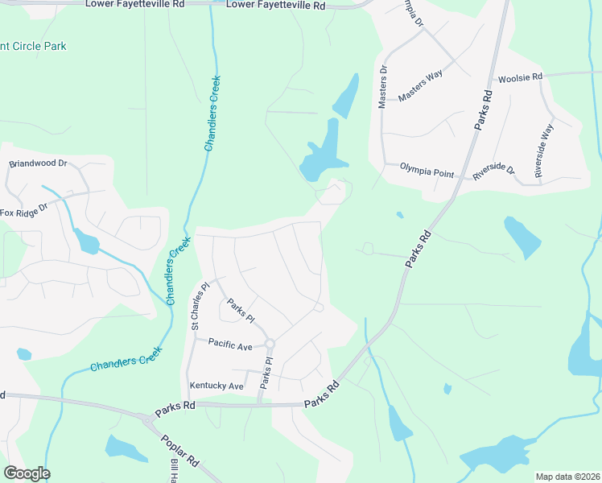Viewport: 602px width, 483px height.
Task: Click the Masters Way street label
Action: coord(420,85)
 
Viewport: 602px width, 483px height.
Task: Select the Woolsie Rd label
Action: coord(520,77)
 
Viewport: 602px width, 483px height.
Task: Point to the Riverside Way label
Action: coord(544,151)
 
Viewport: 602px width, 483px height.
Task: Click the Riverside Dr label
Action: coord(493,171)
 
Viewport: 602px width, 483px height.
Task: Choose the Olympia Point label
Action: coord(427,173)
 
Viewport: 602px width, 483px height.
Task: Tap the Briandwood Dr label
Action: coord(37,163)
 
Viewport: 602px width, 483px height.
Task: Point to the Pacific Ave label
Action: coord(230,345)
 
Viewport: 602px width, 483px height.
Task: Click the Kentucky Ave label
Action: coord(215,386)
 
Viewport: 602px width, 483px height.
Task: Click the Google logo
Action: coord(27,473)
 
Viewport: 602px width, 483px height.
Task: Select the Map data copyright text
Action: coord(567,477)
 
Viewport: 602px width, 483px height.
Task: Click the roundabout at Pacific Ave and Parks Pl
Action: coord(270,344)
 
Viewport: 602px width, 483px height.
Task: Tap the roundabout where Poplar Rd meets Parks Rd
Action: coord(146,419)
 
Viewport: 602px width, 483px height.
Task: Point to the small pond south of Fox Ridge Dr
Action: coord(86,242)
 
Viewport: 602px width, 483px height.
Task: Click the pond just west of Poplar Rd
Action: coord(126,448)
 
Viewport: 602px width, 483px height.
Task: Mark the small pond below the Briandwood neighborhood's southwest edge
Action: coord(23,353)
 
